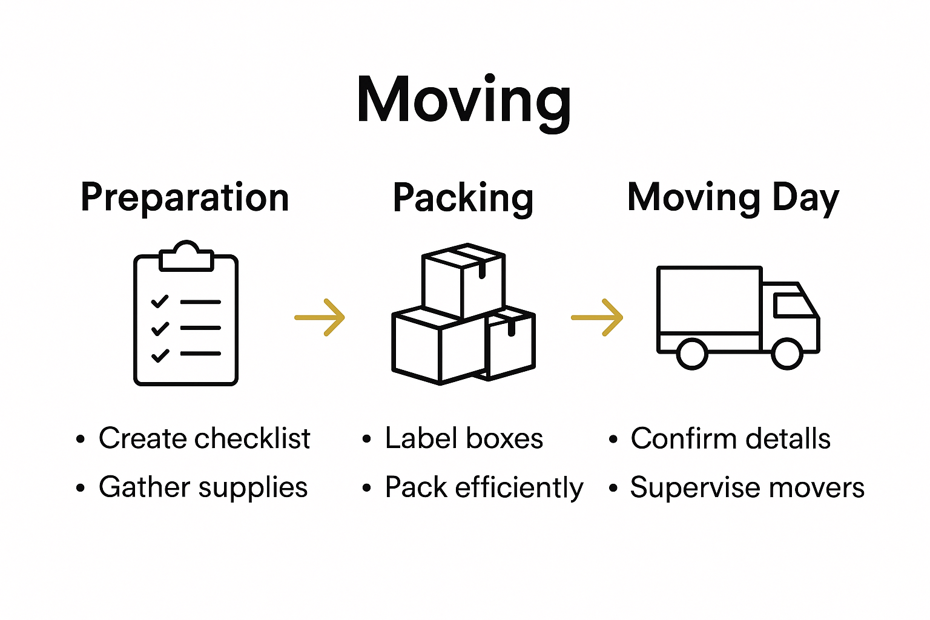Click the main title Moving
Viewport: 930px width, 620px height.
(x=464, y=101)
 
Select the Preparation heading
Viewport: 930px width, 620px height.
(x=185, y=198)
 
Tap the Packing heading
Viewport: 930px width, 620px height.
(x=463, y=198)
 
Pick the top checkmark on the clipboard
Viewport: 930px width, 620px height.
(x=160, y=301)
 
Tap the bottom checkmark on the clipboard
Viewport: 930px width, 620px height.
(x=160, y=355)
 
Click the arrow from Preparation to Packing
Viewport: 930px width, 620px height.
(x=320, y=317)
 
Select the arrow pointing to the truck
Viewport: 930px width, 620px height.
(x=598, y=317)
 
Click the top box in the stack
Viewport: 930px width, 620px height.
(x=463, y=282)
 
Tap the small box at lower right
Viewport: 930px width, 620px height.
(x=512, y=345)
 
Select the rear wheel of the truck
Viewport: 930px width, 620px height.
(x=691, y=354)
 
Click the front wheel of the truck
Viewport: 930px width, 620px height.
(x=787, y=354)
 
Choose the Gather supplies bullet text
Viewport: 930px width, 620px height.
(x=203, y=487)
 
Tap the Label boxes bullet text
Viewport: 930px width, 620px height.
(x=464, y=438)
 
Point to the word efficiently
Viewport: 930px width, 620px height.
(x=519, y=487)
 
